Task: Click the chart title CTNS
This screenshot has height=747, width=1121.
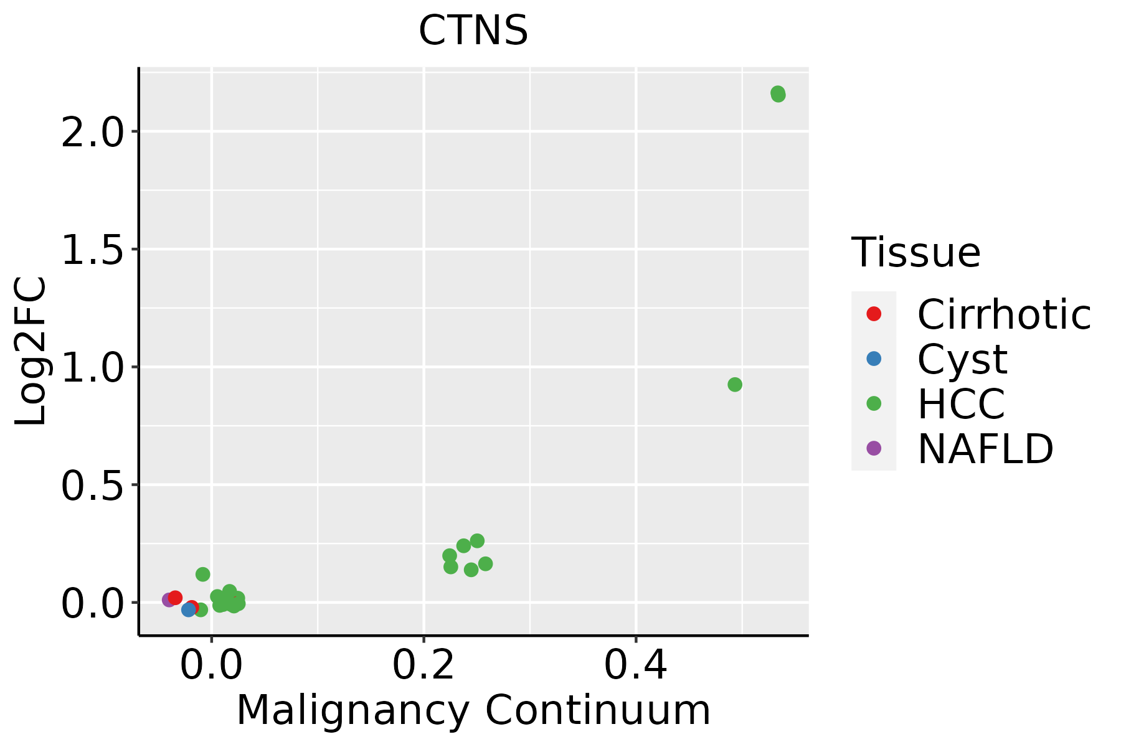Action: click(473, 30)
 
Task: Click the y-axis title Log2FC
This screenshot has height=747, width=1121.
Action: click(31, 351)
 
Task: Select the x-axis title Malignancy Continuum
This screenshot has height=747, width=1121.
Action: click(473, 710)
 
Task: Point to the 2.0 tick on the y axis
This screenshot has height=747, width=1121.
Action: click(92, 131)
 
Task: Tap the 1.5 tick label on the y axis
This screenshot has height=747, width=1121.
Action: click(92, 249)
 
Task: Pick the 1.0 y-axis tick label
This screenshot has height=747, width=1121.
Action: click(92, 367)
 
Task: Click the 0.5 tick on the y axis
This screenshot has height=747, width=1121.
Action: click(92, 484)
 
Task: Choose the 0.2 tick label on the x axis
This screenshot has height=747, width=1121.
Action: click(423, 665)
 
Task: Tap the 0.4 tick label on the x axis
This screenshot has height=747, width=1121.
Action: click(636, 665)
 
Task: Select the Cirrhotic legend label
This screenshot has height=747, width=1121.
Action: click(1004, 314)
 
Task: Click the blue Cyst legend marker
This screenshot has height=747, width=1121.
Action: click(874, 359)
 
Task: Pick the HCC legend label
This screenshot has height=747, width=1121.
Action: click(961, 403)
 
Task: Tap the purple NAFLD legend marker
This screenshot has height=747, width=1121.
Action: click(874, 448)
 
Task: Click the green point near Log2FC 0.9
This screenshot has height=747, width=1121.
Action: click(735, 385)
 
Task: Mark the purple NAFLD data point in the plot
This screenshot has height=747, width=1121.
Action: click(168, 600)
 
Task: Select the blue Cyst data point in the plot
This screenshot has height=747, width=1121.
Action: click(189, 609)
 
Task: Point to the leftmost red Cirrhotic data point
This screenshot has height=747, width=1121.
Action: click(176, 598)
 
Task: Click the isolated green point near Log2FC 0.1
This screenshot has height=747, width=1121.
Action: click(203, 574)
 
